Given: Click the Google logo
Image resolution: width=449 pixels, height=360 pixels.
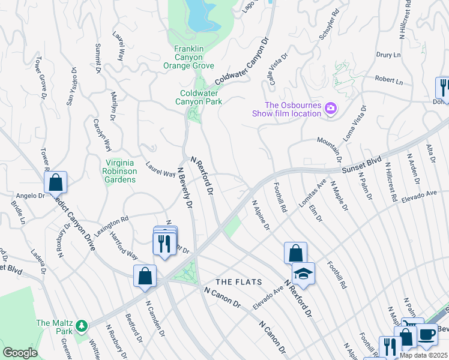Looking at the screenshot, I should coord(20,353).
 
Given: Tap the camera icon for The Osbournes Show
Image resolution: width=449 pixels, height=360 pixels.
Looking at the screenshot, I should coord(330,109).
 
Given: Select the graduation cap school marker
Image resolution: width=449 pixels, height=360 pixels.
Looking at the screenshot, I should coord(303,274).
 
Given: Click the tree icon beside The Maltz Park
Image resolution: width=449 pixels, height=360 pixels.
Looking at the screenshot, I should coord(82,326).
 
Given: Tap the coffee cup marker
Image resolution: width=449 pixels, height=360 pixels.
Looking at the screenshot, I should coord(427,334).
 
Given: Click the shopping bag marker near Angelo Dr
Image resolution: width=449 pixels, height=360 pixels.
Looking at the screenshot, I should coord(55,181).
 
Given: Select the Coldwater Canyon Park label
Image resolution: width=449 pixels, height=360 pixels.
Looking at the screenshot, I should coord(202,97).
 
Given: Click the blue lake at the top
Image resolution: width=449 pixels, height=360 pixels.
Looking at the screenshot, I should coord(202,16).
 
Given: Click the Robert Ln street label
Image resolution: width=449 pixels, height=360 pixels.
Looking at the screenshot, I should coord(388,80).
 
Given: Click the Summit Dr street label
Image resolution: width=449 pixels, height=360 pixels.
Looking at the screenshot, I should coord(98,59).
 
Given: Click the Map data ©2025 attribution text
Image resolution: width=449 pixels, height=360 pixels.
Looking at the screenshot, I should coord(424,355).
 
